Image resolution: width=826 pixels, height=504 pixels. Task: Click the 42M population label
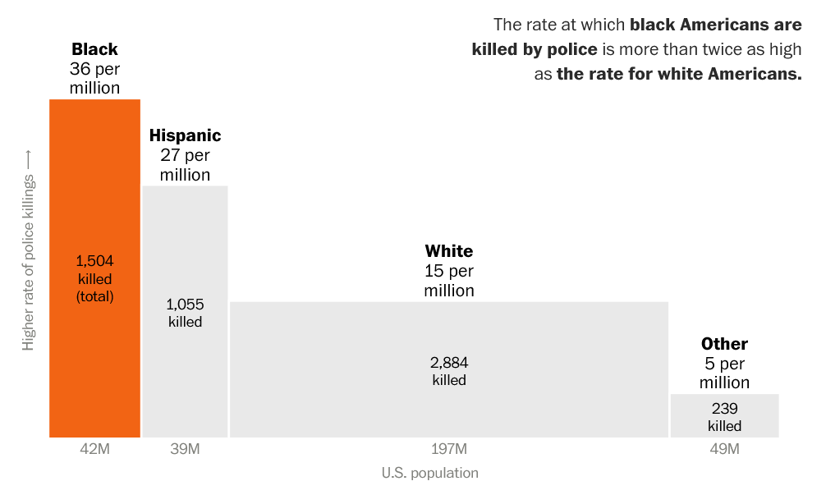coord(94,449)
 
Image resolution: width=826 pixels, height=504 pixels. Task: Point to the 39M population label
coord(185,449)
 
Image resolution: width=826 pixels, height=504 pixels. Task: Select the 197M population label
coord(448,449)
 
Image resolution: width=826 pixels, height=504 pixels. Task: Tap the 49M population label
coord(724,449)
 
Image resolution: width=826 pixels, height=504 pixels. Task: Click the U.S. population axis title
coord(429,473)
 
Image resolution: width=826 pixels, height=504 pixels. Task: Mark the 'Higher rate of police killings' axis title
coord(29,250)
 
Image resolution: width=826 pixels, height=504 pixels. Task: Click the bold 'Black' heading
coord(94,49)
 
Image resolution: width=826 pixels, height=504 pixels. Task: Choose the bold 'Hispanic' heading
coord(185,135)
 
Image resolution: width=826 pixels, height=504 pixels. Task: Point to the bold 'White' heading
coord(448,251)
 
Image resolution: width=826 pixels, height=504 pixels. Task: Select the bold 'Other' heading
coord(724,344)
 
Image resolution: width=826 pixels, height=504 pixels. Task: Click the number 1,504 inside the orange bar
coord(94,260)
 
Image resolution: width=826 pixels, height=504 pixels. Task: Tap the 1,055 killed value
coord(185,304)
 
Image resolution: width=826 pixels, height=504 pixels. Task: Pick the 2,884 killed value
coord(448,362)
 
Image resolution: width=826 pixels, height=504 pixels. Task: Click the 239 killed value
coord(724,408)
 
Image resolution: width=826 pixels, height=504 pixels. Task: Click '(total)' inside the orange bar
coord(94,296)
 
